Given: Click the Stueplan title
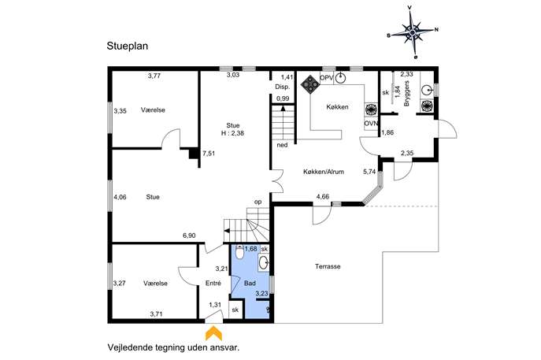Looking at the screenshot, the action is pyautogui.click(x=128, y=46).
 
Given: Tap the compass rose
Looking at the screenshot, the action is pyautogui.click(x=413, y=32).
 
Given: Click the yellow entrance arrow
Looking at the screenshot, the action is pyautogui.click(x=213, y=332).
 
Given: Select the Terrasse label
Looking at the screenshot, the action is pyautogui.click(x=328, y=266).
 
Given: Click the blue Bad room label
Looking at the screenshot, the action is pyautogui.click(x=250, y=284).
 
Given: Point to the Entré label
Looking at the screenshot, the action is pyautogui.click(x=213, y=284).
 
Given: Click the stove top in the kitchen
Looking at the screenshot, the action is pyautogui.click(x=310, y=84).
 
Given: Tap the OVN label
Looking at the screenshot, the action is pyautogui.click(x=371, y=123).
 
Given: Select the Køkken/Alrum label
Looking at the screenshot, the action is pyautogui.click(x=324, y=172).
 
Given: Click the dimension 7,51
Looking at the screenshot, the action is pyautogui.click(x=209, y=154).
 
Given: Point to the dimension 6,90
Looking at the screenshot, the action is pyautogui.click(x=189, y=236).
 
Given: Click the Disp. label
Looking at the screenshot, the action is pyautogui.click(x=282, y=87).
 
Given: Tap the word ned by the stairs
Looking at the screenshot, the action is pyautogui.click(x=282, y=145).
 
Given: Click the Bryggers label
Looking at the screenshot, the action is pyautogui.click(x=406, y=94).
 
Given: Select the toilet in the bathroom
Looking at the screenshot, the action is pyautogui.click(x=239, y=252).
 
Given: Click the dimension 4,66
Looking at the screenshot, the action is pyautogui.click(x=323, y=197).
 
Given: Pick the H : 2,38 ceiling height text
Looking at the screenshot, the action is pyautogui.click(x=232, y=133).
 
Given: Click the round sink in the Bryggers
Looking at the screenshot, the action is pyautogui.click(x=427, y=90).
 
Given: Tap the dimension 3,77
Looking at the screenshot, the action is pyautogui.click(x=154, y=76).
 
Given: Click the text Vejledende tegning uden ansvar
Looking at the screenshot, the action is pyautogui.click(x=173, y=347).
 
